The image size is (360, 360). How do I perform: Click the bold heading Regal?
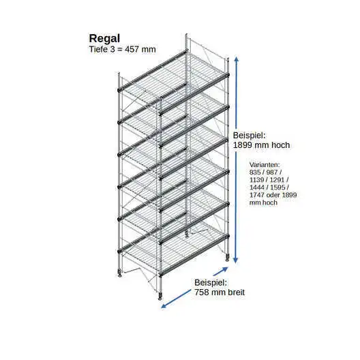(104, 39)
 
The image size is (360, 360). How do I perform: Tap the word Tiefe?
(98, 49)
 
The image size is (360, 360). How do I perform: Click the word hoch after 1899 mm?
(280, 145)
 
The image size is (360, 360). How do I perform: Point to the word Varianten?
(265, 164)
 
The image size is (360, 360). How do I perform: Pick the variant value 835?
(255, 172)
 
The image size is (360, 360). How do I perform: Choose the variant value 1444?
(256, 187)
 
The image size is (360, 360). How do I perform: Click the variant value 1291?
(277, 180)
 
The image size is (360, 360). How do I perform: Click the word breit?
(236, 292)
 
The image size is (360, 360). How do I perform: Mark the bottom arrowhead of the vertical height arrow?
(235, 260)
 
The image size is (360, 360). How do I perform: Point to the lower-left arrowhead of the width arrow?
(164, 305)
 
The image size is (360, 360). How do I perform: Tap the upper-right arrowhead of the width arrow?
(225, 269)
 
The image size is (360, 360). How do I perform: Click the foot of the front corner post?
(160, 296)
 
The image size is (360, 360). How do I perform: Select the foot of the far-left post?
(120, 273)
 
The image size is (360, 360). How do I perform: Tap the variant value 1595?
(277, 187)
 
